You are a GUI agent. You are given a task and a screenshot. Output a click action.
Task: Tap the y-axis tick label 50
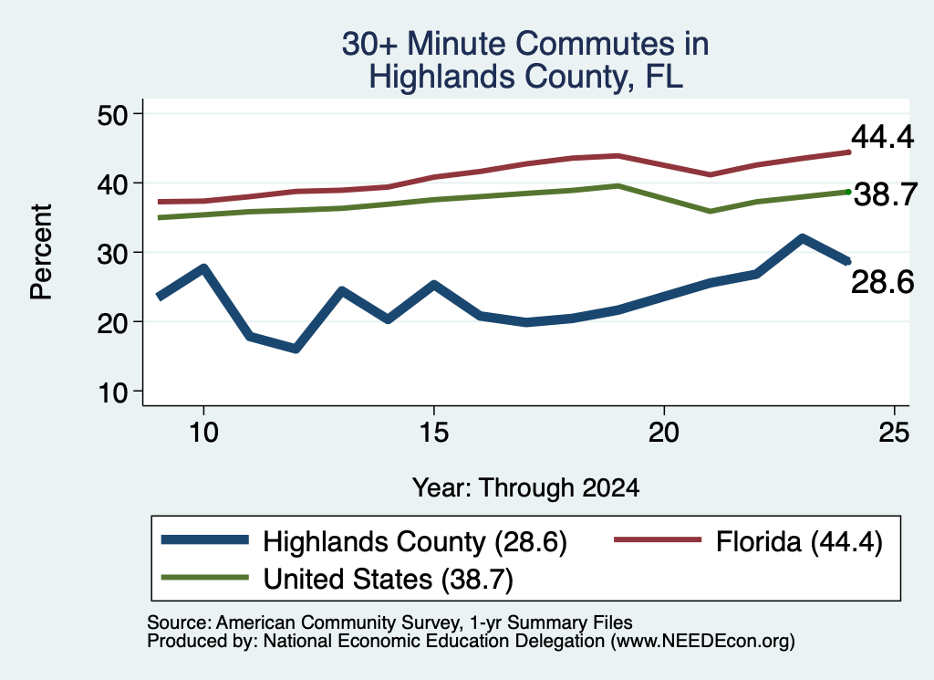pos(112,115)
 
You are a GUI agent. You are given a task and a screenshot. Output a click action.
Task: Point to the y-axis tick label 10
pos(112,392)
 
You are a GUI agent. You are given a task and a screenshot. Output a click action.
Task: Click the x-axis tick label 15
pos(433,432)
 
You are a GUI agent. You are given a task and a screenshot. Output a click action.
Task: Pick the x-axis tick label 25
pos(894,432)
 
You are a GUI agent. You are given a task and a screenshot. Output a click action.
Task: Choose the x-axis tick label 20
pos(664,432)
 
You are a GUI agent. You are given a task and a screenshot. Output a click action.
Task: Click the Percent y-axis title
pos(41,252)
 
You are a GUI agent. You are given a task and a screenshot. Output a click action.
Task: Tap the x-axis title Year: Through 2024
pos(525,487)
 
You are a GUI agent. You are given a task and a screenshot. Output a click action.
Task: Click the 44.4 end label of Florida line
pos(882,137)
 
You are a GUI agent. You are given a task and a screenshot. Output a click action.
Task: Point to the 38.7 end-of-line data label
pos(886,195)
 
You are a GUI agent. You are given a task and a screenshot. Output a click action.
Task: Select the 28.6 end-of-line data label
pos(882,282)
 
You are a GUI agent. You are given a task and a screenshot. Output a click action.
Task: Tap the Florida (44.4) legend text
pos(799,542)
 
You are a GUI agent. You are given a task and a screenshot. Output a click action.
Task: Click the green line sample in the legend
pos(205,578)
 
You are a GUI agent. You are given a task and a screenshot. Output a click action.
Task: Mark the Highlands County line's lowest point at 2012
pos(296,348)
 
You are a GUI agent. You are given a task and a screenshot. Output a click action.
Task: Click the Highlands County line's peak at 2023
pos(803,239)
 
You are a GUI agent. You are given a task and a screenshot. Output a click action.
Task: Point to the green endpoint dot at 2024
pos(848,192)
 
